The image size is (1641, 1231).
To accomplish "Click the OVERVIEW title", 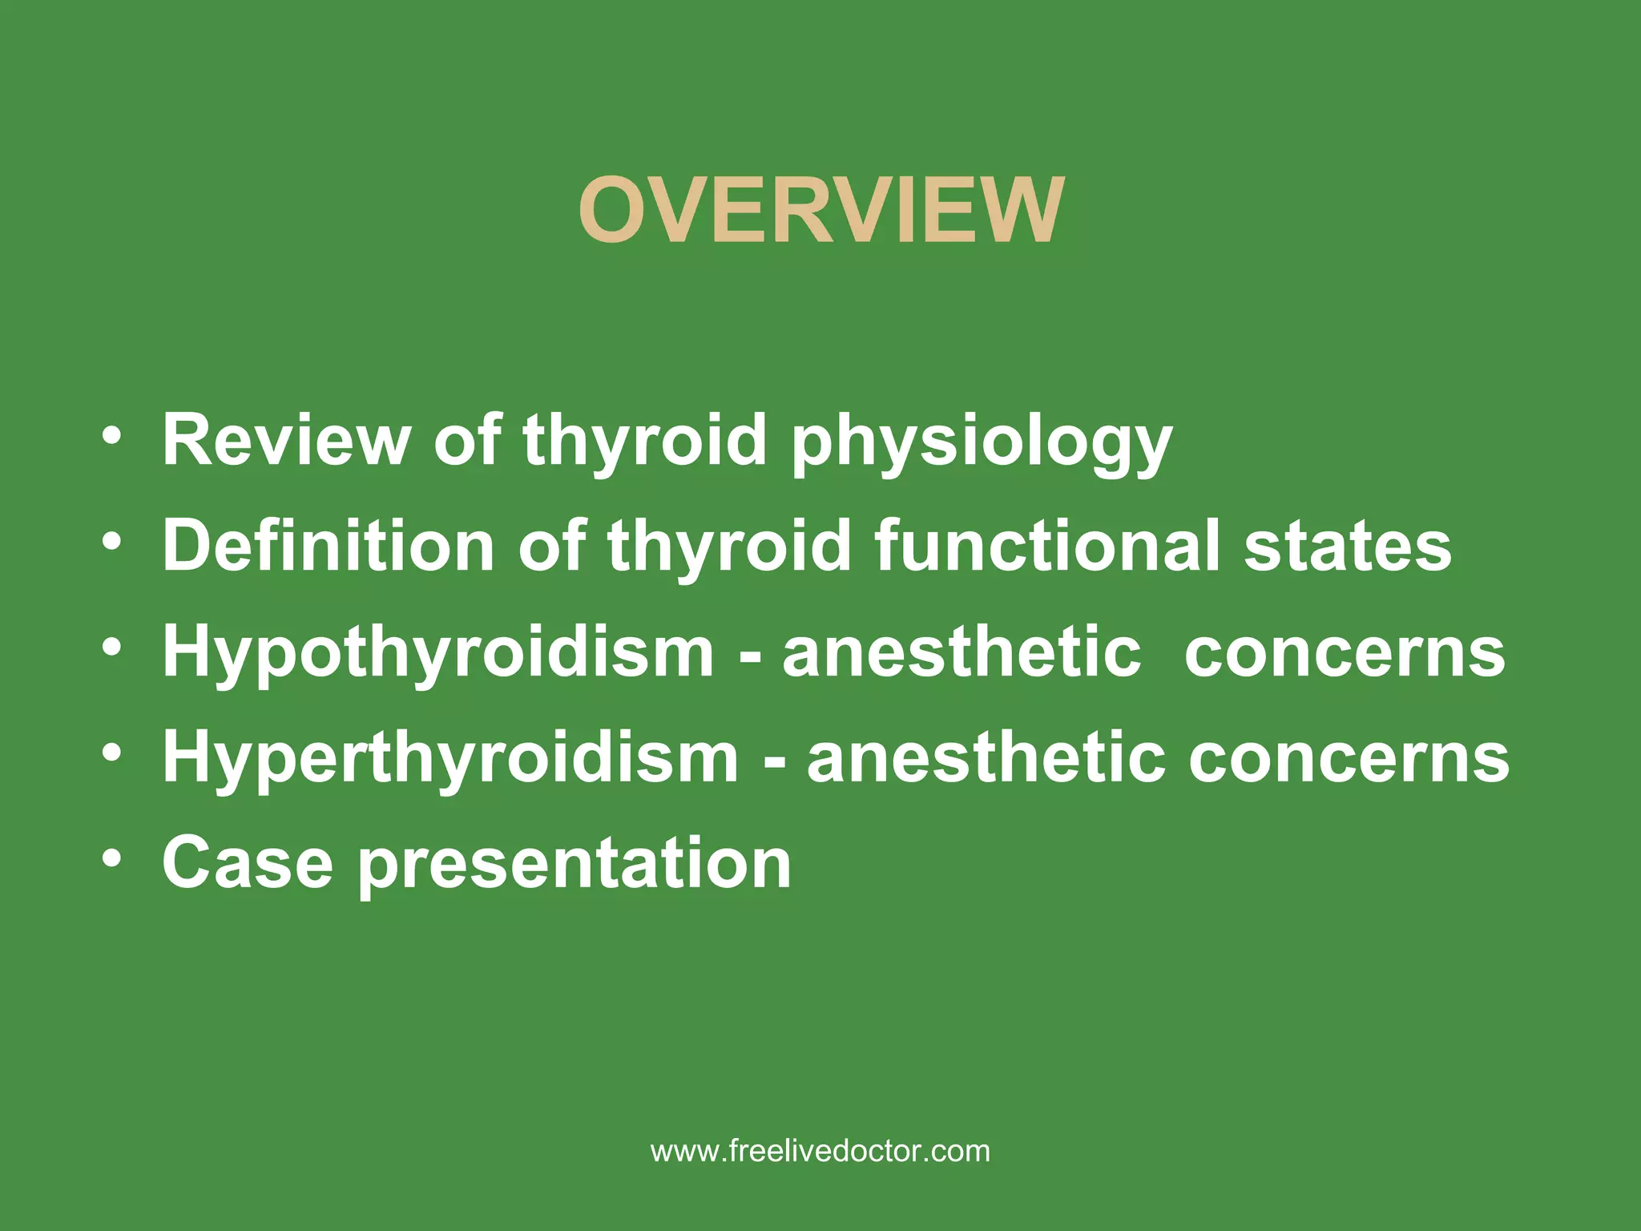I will (x=820, y=211).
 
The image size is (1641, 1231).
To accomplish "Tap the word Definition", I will (x=329, y=545).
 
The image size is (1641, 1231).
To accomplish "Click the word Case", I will (x=247, y=863).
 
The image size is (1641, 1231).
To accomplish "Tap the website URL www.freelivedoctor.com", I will (x=820, y=1151).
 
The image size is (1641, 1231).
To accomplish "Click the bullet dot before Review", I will (x=112, y=438).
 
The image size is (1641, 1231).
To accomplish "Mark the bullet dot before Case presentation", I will (x=112, y=860).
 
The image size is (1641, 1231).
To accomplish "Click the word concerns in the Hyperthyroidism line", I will (x=1349, y=758).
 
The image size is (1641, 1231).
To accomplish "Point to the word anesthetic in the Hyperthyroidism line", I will (x=986, y=758).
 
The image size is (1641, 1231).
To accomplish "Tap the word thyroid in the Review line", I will (x=644, y=441).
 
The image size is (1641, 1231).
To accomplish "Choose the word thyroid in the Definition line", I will (x=728, y=545).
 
